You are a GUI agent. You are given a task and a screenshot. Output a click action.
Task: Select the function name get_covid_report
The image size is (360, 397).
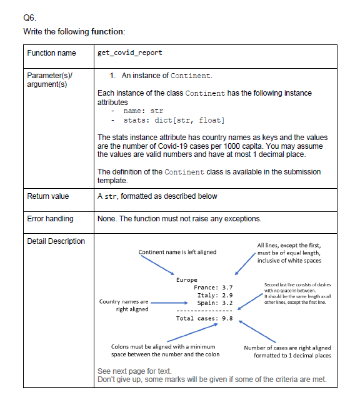pos(130,53)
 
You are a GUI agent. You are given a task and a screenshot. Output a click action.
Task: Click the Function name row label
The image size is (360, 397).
pos(51,53)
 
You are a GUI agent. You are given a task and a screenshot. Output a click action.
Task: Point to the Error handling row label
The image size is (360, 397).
pos(50,219)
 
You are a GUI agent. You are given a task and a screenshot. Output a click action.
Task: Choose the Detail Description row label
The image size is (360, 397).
pos(56,241)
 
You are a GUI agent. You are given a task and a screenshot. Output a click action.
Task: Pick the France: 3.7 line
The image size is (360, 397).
pos(214,288)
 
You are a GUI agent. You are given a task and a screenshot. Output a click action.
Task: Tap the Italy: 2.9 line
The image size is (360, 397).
pos(215,295)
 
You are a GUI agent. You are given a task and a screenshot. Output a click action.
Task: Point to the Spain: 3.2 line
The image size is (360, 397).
pos(215,303)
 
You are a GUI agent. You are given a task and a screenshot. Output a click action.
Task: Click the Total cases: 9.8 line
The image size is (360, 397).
pos(204,318)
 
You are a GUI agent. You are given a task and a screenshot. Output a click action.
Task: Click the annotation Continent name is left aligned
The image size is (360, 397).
pos(177,252)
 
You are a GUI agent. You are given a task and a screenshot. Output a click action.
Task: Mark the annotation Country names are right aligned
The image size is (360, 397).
pos(124,305)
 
